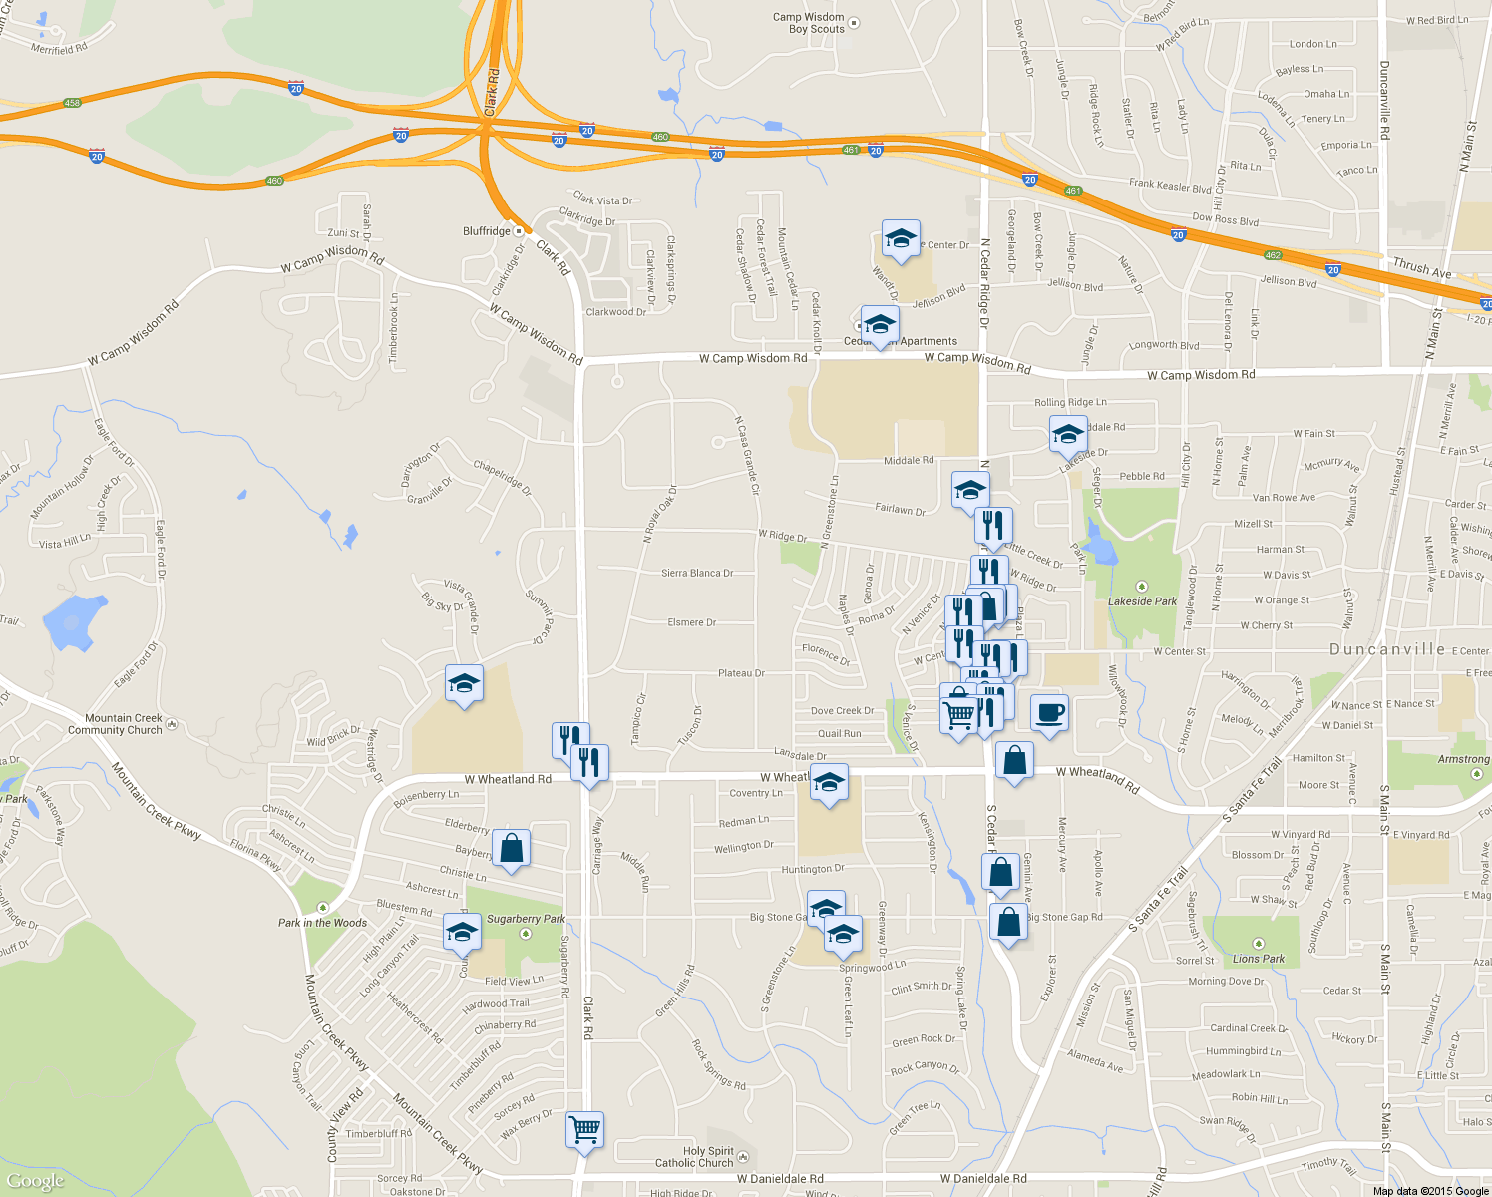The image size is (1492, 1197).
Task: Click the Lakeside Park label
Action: [1142, 601]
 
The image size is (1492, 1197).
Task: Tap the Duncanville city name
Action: [1387, 649]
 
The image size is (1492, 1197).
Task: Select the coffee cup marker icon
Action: [1049, 714]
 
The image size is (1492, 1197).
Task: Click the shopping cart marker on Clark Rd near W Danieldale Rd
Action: [584, 1130]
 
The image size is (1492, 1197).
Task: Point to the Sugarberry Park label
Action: [526, 919]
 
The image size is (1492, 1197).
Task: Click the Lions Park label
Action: [1258, 959]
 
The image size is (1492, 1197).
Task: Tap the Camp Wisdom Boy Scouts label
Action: [809, 23]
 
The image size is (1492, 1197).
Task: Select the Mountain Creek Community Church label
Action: [115, 724]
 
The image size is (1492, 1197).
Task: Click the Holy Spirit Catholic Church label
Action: [694, 1157]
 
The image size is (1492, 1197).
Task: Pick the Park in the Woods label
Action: [322, 923]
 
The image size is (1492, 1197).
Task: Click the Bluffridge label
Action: [487, 231]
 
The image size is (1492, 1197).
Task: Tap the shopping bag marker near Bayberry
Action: [511, 849]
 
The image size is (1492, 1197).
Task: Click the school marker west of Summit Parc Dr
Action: [464, 684]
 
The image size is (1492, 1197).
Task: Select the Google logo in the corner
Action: [36, 1181]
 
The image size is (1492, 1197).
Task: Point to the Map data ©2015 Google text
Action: [1430, 1191]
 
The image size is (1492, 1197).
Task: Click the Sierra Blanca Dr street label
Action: [697, 573]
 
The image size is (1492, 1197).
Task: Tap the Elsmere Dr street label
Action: [691, 622]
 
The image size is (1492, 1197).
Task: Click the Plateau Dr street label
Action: [741, 673]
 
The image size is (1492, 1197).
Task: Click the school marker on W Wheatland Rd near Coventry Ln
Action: [829, 784]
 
